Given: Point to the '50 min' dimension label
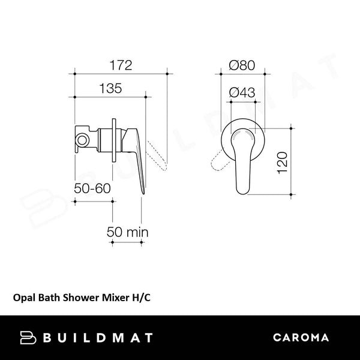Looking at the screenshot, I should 127,232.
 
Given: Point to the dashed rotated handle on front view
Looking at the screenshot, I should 217,162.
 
